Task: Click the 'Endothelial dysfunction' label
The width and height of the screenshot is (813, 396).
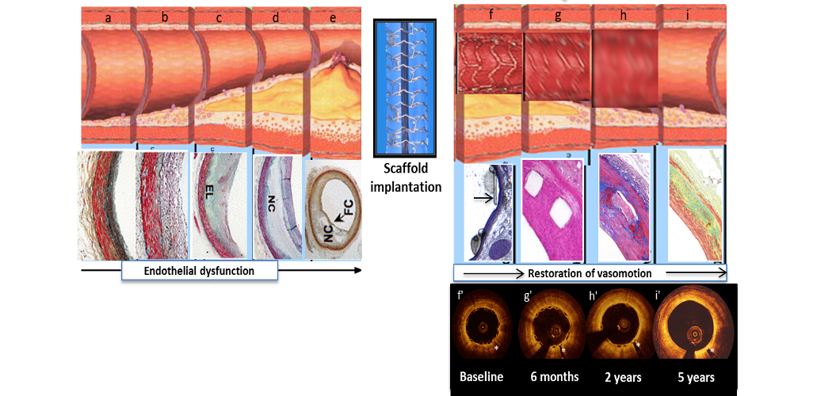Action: pos(199,271)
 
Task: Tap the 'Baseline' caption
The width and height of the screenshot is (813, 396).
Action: pos(481,377)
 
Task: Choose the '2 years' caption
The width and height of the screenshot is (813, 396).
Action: pos(622,377)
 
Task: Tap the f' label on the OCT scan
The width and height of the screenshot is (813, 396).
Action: pos(460,298)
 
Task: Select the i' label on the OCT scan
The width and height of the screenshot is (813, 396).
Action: pos(657,298)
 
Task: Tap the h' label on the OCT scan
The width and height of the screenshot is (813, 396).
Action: pos(594,298)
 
